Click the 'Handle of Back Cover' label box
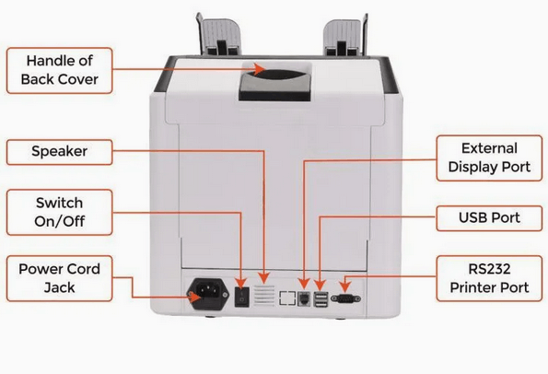pyautogui.click(x=60, y=71)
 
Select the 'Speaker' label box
pyautogui.click(x=60, y=152)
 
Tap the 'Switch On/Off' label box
pyautogui.click(x=60, y=212)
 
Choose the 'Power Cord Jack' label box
pyautogui.click(x=60, y=278)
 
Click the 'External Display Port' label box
pyautogui.click(x=489, y=158)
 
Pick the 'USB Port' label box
pyautogui.click(x=489, y=218)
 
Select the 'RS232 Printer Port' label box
pyautogui.click(x=489, y=278)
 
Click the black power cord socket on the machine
pyautogui.click(x=209, y=294)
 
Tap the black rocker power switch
pyautogui.click(x=241, y=298)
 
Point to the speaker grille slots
pyautogui.click(x=264, y=296)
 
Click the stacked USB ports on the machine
pyautogui.click(x=321, y=299)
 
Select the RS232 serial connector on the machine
pyautogui.click(x=345, y=298)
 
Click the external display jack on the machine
pyautogui.click(x=304, y=299)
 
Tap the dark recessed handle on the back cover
pyautogui.click(x=274, y=81)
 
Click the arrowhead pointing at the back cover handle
pyautogui.click(x=260, y=69)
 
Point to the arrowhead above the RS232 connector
pyautogui.click(x=344, y=286)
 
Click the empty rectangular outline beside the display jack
pyautogui.click(x=287, y=298)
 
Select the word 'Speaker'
pyautogui.click(x=60, y=151)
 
